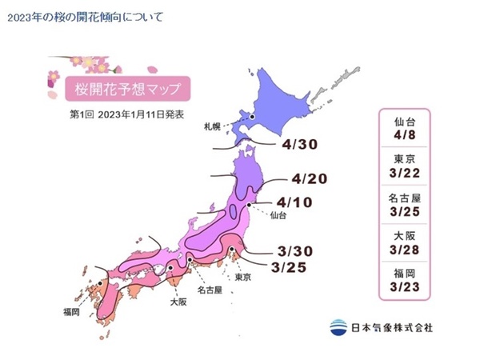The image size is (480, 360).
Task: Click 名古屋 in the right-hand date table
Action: point(405,197)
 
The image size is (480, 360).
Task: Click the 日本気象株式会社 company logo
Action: point(381,326)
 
